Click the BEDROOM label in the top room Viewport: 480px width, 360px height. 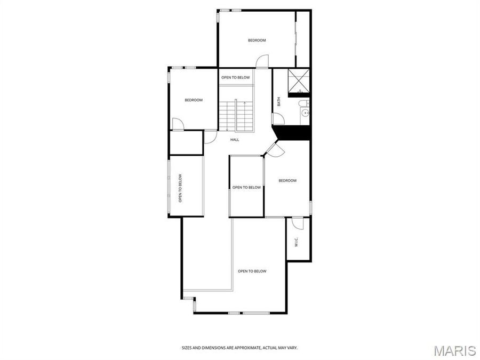coord(257,40)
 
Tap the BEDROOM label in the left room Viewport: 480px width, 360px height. coord(194,100)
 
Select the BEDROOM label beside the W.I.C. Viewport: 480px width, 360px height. coord(287,181)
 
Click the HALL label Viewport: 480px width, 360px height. coord(235,140)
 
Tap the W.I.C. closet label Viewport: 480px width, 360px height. coord(297,243)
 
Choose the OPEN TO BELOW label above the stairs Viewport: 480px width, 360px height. coord(236,78)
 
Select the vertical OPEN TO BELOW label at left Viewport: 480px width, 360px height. coord(180,188)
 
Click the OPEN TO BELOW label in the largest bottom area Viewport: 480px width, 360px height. coord(252,271)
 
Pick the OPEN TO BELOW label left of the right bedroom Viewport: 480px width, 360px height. coord(246,187)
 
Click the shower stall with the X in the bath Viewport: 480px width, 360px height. coord(299,81)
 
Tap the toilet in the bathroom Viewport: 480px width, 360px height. coord(302,103)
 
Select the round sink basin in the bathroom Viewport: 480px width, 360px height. coord(305,113)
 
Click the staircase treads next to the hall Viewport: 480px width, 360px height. coord(235,115)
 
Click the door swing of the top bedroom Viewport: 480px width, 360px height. coord(262,62)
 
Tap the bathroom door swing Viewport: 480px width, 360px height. coord(280,118)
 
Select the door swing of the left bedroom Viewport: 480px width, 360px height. coord(178,124)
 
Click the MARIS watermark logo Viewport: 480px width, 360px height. coord(454,350)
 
